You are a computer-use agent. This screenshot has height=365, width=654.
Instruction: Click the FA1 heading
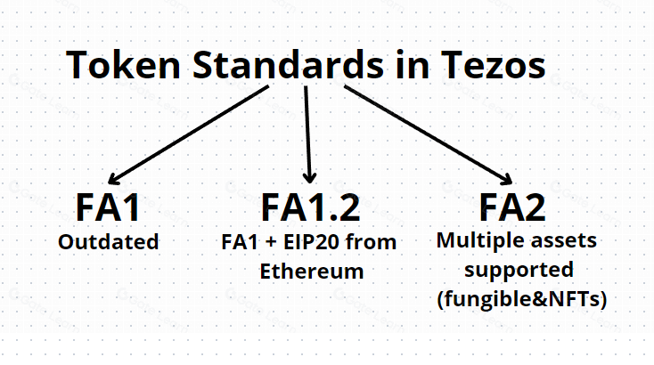[x=108, y=207]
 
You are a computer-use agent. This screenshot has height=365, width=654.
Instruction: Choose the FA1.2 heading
[x=310, y=207]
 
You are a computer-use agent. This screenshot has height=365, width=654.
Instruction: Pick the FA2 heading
[x=512, y=207]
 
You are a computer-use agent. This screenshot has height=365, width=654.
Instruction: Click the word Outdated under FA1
[x=108, y=241]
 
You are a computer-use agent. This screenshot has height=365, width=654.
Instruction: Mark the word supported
[x=521, y=269]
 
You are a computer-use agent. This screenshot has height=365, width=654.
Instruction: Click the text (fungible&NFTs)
[x=521, y=299]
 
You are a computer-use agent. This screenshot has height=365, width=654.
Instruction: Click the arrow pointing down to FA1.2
[x=308, y=134]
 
